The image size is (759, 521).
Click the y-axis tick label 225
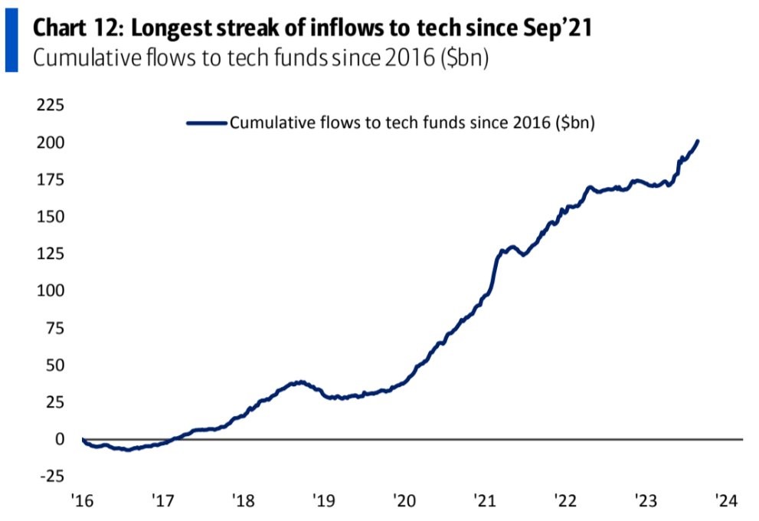[49, 106]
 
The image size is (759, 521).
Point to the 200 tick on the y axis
[49, 143]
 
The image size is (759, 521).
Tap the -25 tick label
[51, 476]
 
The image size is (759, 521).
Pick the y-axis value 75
[53, 328]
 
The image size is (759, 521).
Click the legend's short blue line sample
[205, 122]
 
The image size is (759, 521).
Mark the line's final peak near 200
[697, 141]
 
